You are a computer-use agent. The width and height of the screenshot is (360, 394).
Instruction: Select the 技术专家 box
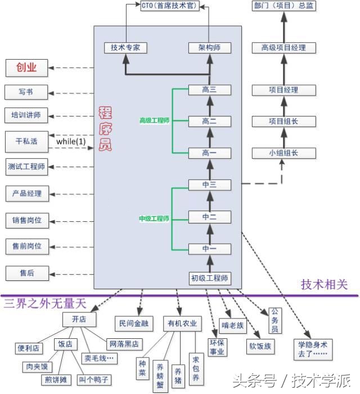point(125,48)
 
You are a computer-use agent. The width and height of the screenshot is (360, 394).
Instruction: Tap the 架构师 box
point(209,48)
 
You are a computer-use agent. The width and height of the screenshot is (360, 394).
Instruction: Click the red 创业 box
point(26,68)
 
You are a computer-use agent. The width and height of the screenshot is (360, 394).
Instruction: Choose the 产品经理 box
point(26,193)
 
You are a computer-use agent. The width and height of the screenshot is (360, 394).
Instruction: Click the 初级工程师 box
point(210,278)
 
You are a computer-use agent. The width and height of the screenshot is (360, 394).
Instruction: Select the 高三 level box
point(209,89)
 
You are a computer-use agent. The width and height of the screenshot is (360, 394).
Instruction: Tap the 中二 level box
point(209,217)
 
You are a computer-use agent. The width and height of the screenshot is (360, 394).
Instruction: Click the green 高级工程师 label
point(154,120)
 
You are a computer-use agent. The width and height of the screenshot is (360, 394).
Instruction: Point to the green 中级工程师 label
point(154,218)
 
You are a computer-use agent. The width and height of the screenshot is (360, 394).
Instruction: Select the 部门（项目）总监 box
point(283,7)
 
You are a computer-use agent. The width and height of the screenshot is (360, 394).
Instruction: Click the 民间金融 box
point(133,323)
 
